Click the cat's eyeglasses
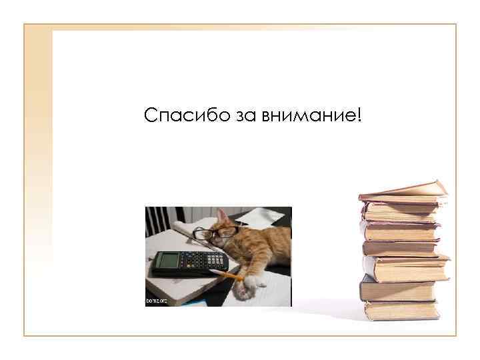pos(215,233)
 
